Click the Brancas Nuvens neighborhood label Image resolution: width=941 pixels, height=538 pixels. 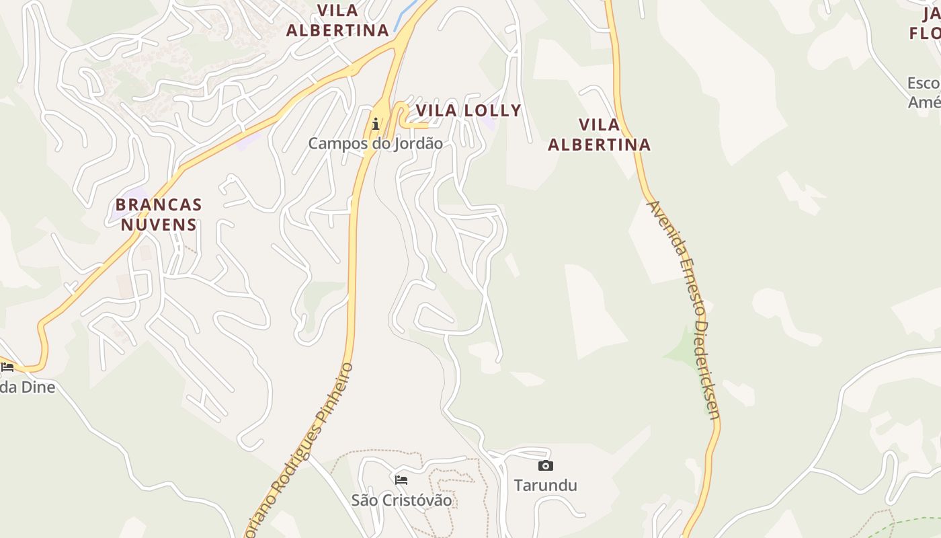159,215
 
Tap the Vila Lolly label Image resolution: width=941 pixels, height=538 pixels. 468,111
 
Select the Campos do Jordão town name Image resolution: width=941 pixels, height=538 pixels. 375,143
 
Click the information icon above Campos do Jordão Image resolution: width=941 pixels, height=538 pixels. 375,124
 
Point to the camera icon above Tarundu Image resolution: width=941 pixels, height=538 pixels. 545,465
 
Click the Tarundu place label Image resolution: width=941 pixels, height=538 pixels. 545,485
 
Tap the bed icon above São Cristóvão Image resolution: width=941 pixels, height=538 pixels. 401,480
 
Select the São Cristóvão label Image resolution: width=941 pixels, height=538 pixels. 401,500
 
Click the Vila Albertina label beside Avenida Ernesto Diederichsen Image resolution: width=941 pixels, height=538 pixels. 599,134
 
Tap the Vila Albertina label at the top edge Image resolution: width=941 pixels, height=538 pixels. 337,20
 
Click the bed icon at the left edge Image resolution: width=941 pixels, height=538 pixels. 7,367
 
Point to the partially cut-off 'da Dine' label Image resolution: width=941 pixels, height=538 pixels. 28,387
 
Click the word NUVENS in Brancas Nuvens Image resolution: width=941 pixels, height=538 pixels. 159,225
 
